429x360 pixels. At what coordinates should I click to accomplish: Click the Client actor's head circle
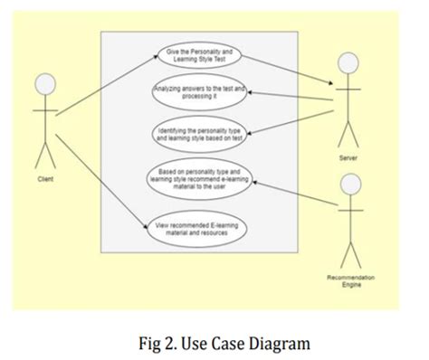pyautogui.click(x=44, y=87)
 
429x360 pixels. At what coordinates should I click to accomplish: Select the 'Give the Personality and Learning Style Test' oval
pyautogui.click(x=199, y=56)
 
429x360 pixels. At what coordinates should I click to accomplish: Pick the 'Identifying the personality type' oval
pyautogui.click(x=199, y=135)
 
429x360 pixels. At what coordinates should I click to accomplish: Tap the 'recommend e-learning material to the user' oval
pyautogui.click(x=199, y=180)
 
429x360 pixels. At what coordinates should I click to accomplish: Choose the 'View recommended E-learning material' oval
pyautogui.click(x=199, y=229)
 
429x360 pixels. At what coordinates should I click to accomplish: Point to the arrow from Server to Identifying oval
pyautogui.click(x=290, y=122)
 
